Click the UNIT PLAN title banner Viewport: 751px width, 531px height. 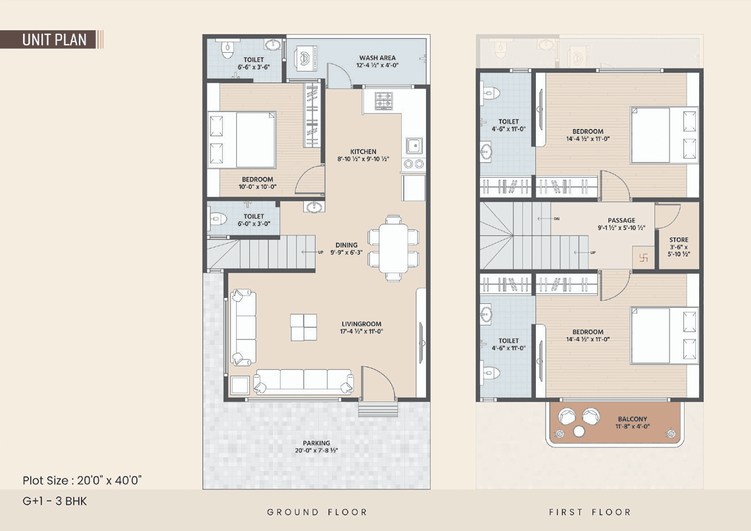(51, 39)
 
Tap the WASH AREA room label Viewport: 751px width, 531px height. (377, 57)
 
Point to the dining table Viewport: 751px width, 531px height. (393, 248)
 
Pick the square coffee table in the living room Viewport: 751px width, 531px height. (304, 327)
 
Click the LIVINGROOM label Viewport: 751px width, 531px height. (362, 324)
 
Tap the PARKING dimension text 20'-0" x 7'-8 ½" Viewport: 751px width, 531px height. (316, 451)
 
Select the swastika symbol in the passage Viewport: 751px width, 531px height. (643, 258)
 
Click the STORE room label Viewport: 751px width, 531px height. (679, 240)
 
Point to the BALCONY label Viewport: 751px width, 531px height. (632, 419)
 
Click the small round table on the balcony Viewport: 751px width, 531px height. (579, 432)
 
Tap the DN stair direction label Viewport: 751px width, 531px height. (556, 219)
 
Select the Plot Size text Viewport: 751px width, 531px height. (82, 480)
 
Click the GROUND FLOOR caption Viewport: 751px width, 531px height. (316, 513)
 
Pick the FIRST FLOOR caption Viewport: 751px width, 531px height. (590, 513)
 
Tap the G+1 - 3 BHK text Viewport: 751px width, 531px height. (55, 501)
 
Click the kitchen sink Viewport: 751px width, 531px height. (414, 145)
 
